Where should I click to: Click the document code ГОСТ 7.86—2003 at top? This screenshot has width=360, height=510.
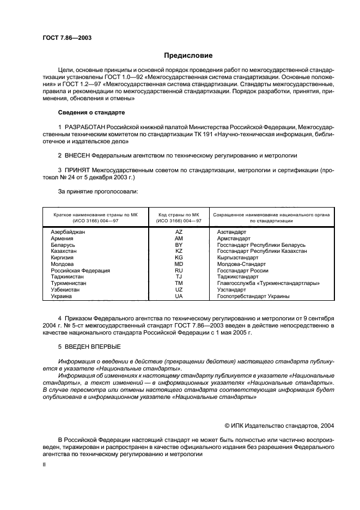(66, 38)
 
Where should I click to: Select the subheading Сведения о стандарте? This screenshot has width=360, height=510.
(91, 112)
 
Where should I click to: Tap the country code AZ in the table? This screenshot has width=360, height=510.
(179, 232)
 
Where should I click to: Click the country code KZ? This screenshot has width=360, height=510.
(179, 251)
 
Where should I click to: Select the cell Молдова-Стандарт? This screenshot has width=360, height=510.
(238, 264)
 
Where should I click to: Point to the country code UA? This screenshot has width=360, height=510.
(179, 296)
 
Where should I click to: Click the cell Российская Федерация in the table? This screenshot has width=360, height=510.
(80, 271)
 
